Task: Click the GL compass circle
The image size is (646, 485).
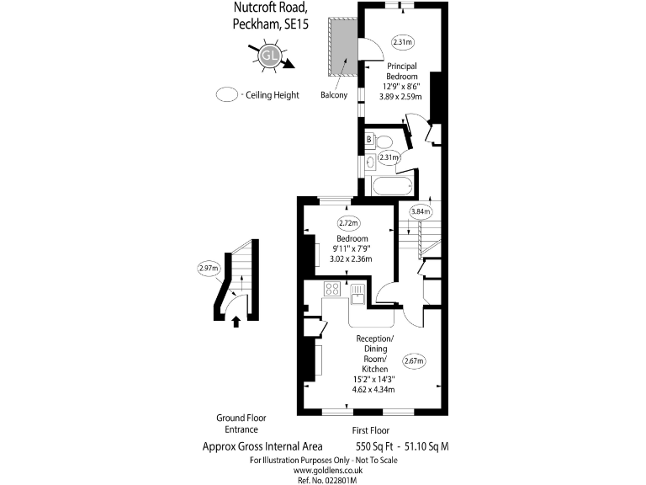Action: click(x=269, y=56)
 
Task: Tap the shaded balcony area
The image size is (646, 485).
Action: click(x=342, y=48)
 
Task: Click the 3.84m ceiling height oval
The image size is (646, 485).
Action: click(x=420, y=211)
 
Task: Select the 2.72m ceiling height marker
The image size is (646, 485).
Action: click(x=348, y=223)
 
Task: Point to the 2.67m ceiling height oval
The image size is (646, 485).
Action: click(x=414, y=361)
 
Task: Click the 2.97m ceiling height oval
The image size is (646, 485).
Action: click(x=208, y=269)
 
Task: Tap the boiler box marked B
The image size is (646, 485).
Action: click(x=368, y=140)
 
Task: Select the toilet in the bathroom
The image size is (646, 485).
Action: click(x=385, y=141)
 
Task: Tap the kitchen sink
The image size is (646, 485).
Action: click(x=358, y=293)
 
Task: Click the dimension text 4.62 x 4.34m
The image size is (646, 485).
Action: click(x=373, y=390)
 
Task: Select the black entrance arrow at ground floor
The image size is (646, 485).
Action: click(x=236, y=320)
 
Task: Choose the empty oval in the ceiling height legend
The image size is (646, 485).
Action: click(x=226, y=94)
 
